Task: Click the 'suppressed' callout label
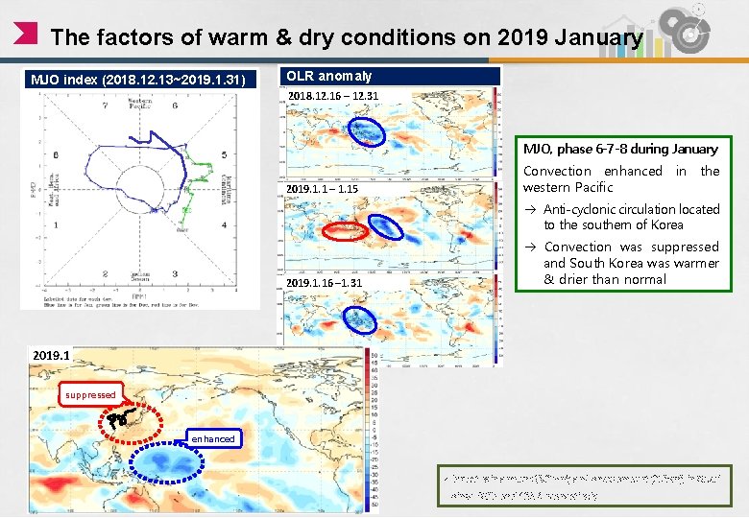point(91,394)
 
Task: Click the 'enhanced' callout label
point(212,438)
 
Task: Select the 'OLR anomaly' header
point(329,76)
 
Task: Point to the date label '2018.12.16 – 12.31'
point(333,96)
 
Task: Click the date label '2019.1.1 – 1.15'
point(322,189)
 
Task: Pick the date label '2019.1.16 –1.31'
point(325,283)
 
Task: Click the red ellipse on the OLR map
point(345,230)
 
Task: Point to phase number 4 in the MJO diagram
point(224,225)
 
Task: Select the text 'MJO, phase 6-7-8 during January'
point(620,149)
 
